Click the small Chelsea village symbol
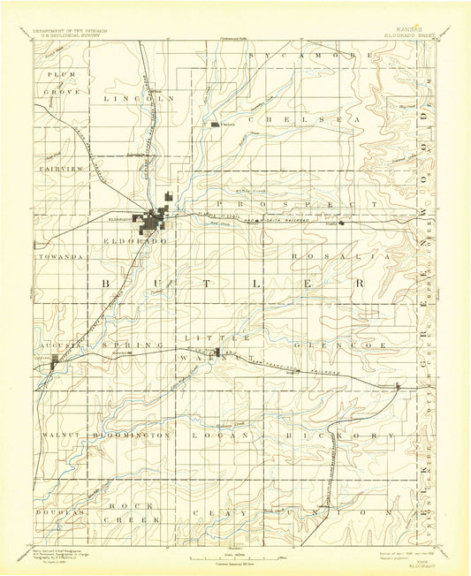click(x=217, y=125)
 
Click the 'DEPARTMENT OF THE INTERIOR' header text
click(x=71, y=29)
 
